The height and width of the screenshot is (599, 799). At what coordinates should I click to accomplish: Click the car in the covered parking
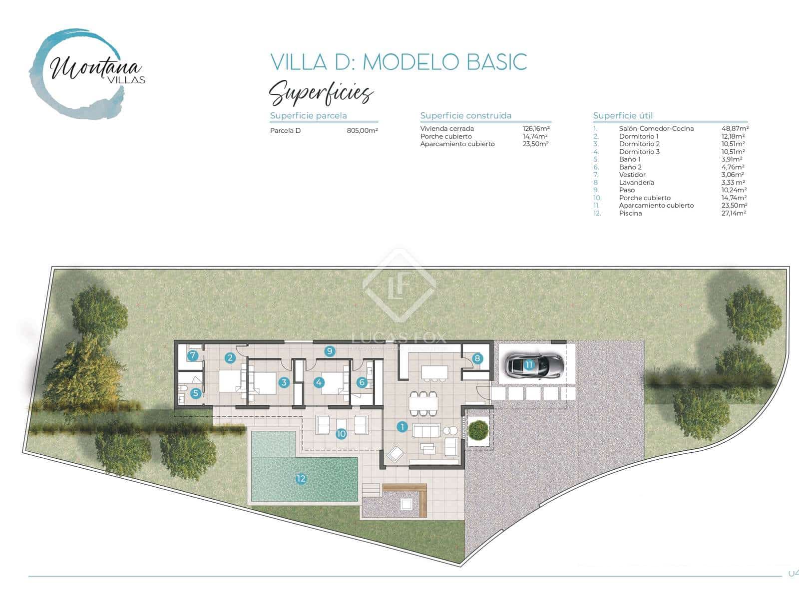click(x=534, y=365)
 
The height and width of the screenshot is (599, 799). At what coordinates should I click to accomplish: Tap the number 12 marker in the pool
click(x=301, y=479)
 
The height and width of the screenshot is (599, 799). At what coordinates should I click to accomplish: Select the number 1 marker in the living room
click(x=402, y=427)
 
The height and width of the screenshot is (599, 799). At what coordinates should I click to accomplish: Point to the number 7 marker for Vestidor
click(x=193, y=356)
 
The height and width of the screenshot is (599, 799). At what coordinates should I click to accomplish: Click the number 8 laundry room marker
click(x=477, y=358)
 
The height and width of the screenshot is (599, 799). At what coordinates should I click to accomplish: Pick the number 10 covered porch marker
click(x=341, y=434)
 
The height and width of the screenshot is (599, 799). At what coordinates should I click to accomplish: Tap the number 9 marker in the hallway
click(x=329, y=351)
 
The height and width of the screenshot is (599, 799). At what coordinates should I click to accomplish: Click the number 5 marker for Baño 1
click(x=195, y=393)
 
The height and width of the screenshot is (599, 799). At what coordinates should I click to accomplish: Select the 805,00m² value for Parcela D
click(x=362, y=131)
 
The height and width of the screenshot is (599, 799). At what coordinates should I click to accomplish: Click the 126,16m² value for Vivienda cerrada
click(x=536, y=128)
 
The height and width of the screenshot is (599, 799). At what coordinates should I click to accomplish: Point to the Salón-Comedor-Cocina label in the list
click(x=656, y=129)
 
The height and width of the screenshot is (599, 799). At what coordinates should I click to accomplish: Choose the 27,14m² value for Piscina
click(x=734, y=213)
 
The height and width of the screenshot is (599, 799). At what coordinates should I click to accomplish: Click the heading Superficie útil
click(x=623, y=115)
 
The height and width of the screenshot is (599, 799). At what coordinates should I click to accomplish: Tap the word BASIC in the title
click(x=496, y=62)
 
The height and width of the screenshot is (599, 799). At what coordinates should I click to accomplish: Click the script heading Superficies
click(x=321, y=93)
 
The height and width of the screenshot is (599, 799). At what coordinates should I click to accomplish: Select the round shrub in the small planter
click(x=479, y=430)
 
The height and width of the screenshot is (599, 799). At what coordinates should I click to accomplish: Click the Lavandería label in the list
click(x=636, y=182)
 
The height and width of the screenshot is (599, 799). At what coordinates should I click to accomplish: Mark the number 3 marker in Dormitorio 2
click(x=284, y=383)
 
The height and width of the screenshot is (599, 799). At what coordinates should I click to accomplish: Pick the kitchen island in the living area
click(x=434, y=372)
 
